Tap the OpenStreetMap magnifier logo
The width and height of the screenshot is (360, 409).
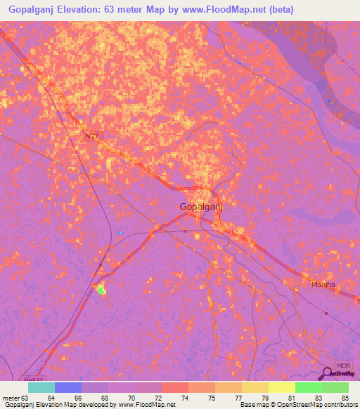pyautogui.click(x=327, y=373)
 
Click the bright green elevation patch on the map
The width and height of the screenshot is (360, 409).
pyautogui.click(x=101, y=289)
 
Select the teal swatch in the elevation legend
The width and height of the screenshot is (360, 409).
pyautogui.click(x=41, y=387)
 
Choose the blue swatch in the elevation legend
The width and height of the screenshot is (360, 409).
pyautogui.click(x=68, y=387)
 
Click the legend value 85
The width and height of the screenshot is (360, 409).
pyautogui.click(x=344, y=397)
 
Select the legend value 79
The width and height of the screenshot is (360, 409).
pyautogui.click(x=266, y=397)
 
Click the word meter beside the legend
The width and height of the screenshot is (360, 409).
pyautogui.click(x=12, y=397)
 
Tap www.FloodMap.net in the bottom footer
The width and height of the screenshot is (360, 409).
pyautogui.click(x=146, y=404)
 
